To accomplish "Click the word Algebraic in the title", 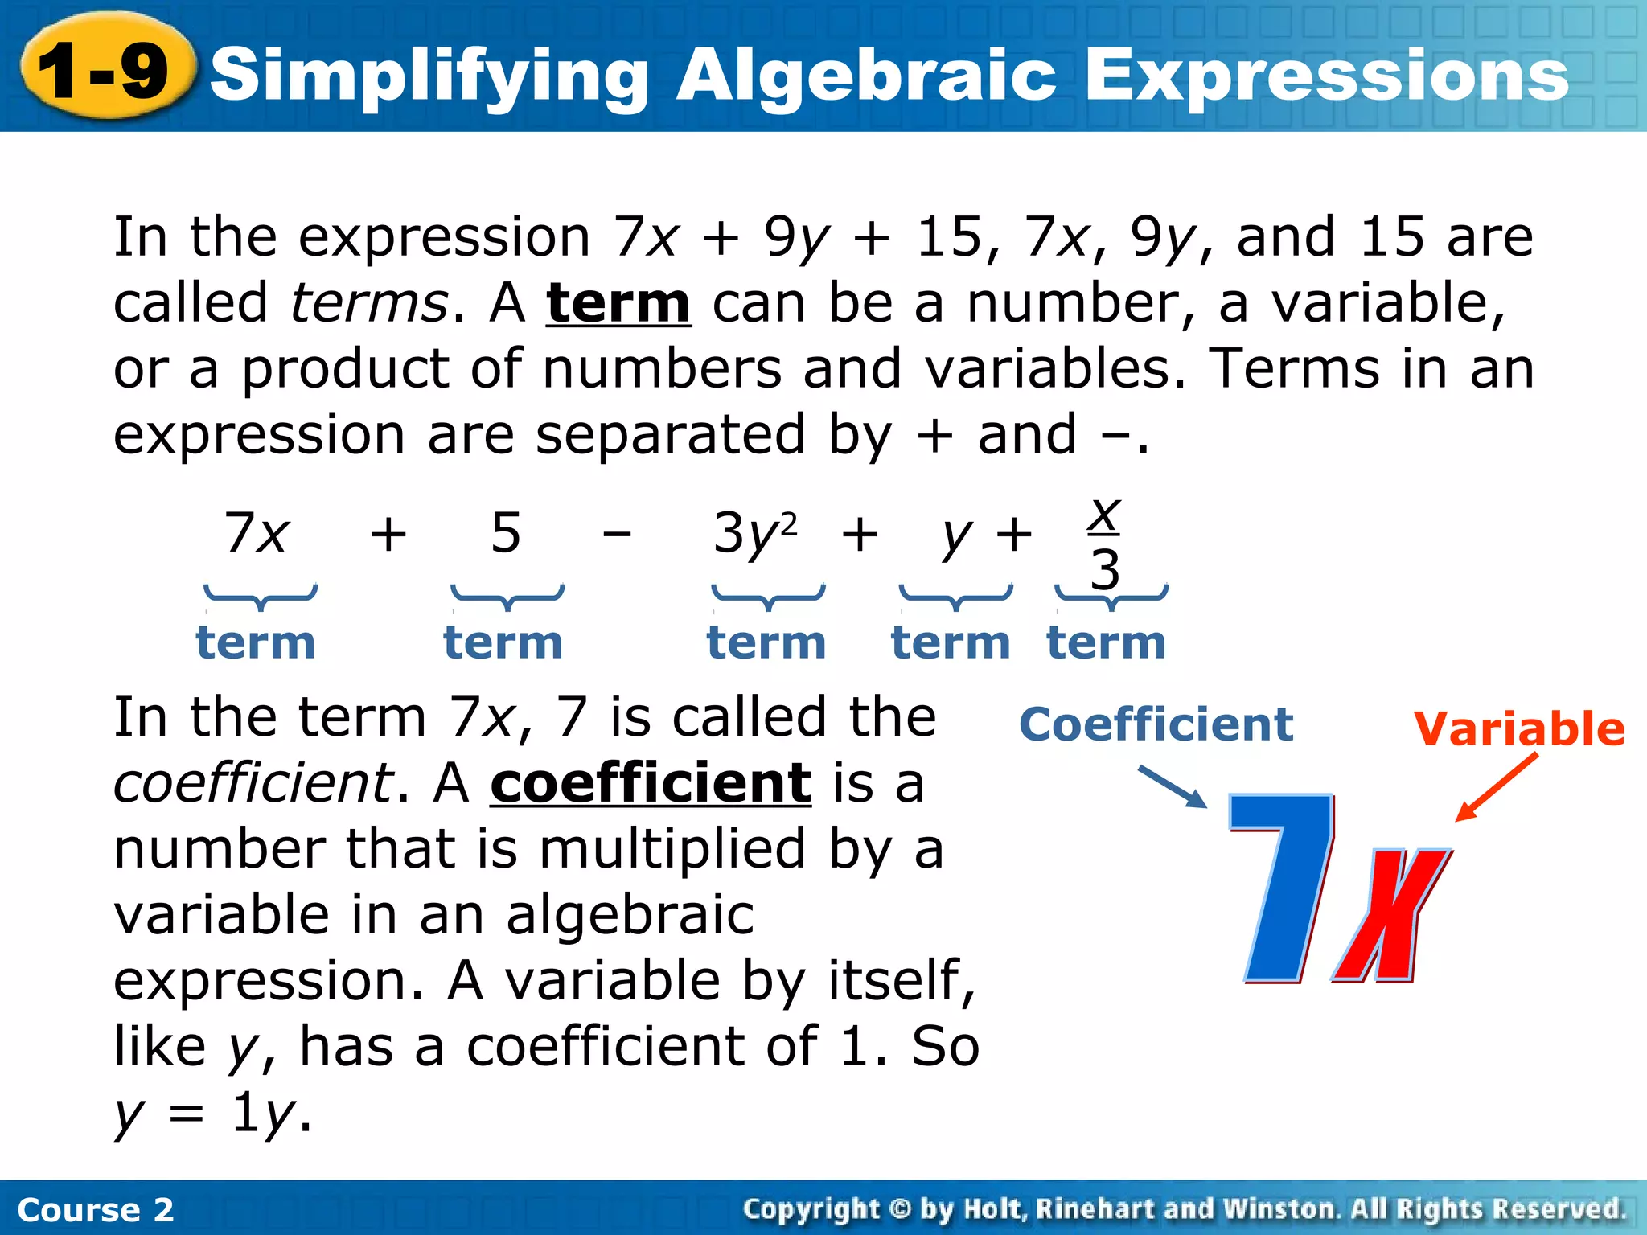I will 865,75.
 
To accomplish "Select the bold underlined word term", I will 618,304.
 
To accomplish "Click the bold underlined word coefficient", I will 650,783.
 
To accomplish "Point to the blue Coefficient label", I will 1156,724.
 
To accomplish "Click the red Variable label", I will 1518,729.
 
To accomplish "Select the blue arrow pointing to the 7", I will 1173,786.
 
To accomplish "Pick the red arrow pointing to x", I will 1496,788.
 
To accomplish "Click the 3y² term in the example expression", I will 754,533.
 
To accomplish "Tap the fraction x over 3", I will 1105,544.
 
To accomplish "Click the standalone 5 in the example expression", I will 506,533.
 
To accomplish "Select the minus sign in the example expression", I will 617,533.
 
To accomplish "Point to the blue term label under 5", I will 503,643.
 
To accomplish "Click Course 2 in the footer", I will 95,1209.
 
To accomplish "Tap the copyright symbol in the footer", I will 900,1208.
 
